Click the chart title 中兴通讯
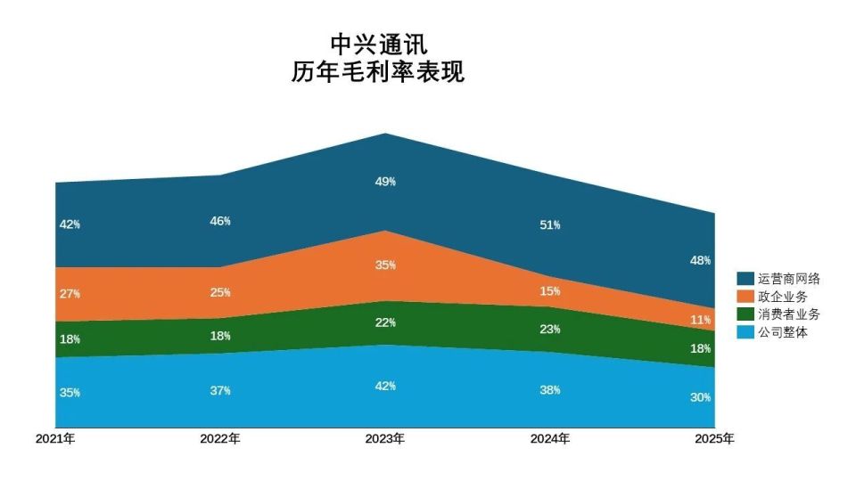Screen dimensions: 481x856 point(378,44)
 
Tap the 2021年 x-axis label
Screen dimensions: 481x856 point(55,439)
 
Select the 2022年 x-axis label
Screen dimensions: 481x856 point(220,439)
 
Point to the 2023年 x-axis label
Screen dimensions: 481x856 point(385,439)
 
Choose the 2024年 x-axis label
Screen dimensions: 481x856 point(550,439)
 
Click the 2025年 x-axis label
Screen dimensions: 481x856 point(715,439)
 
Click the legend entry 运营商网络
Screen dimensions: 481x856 point(788,279)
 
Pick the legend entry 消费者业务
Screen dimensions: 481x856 point(788,314)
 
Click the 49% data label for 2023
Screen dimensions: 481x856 point(385,182)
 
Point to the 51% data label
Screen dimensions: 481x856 point(550,225)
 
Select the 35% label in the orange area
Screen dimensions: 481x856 point(385,265)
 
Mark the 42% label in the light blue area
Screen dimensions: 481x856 point(385,387)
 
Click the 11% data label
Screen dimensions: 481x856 point(701,320)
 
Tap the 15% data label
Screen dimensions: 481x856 point(550,291)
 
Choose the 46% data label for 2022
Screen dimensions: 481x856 point(220,221)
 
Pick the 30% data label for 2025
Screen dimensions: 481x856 point(701,397)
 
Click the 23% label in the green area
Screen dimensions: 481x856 point(550,330)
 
